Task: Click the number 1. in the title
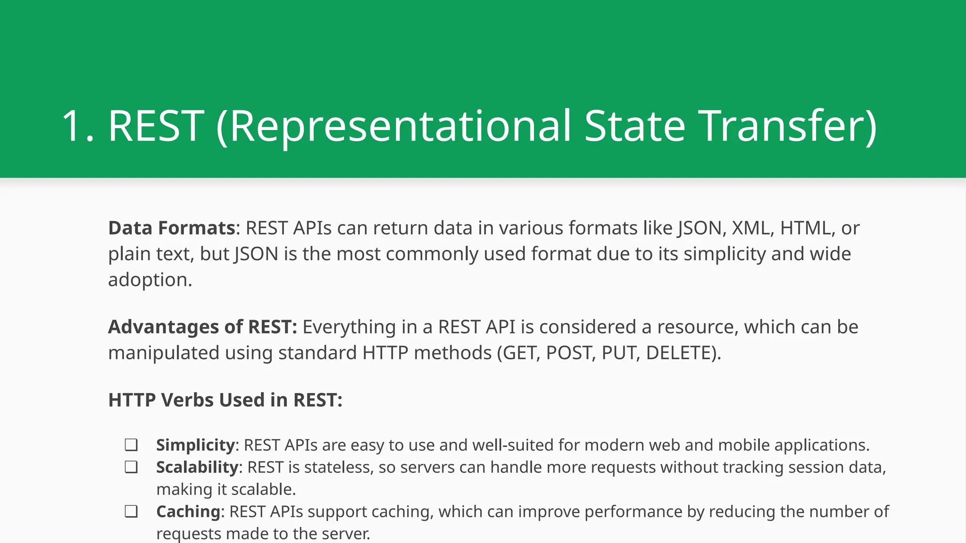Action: [x=78, y=126]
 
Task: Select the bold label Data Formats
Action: [x=172, y=228]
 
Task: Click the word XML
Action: [x=752, y=228]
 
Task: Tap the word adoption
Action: [x=150, y=280]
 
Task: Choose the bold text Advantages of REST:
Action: [x=202, y=327]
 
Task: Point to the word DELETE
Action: [x=680, y=353]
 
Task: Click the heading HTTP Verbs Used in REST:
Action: [x=225, y=400]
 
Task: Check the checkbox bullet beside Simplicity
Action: [x=131, y=445]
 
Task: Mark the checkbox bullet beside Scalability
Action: [x=131, y=467]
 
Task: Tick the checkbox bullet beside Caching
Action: [x=131, y=511]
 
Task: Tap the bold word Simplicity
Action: [x=195, y=445]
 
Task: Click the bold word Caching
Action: [x=188, y=512]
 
